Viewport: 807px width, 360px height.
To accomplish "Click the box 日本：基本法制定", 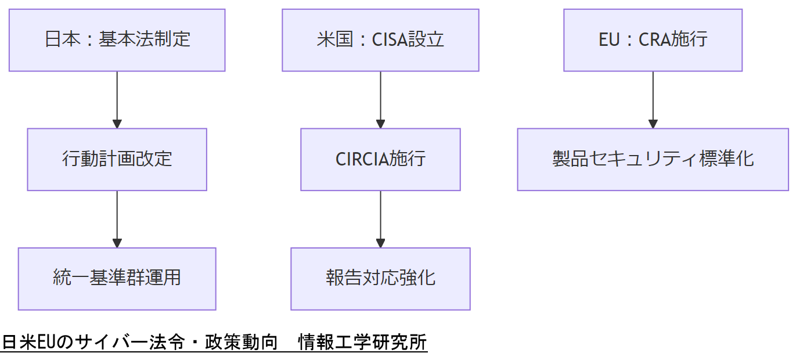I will coord(117,40).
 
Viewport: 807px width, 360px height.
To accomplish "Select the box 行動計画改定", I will coord(117,159).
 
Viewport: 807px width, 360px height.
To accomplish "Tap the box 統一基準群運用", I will coord(117,279).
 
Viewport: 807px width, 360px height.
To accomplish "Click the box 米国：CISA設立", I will coord(380,40).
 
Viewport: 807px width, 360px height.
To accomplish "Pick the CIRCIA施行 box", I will coord(380,159).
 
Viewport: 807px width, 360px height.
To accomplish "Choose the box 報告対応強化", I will coord(380,279).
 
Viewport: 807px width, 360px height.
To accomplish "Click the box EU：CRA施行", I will coord(653,40).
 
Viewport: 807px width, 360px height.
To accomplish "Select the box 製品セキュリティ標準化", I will coord(653,159).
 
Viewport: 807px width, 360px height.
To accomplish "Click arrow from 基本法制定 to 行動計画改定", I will coord(117,99).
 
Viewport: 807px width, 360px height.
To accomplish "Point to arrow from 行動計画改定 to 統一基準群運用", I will coord(117,218).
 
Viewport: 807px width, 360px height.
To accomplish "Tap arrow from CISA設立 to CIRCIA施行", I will coord(380,99).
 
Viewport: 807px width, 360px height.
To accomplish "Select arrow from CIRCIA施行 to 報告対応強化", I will coord(380,218).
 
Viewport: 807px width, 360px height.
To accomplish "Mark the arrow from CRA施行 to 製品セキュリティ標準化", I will coord(653,99).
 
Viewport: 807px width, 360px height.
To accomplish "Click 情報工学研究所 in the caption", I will coord(362,343).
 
